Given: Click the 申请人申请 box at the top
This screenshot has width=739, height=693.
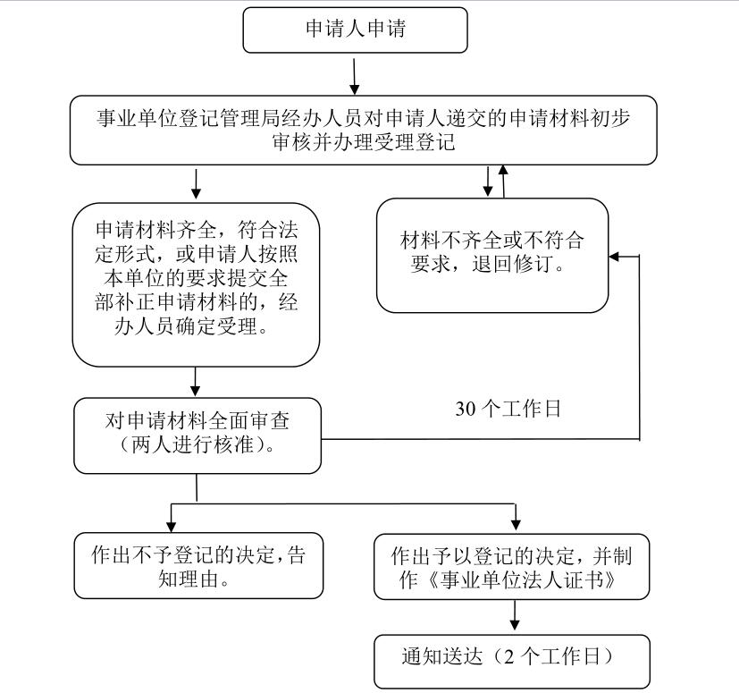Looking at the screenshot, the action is point(355,30).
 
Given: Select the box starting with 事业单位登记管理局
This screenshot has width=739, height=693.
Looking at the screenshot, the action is point(364,131).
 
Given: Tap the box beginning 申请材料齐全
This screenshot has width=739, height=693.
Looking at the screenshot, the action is point(196,285).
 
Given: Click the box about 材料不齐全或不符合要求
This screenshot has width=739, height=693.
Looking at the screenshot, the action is point(492,255).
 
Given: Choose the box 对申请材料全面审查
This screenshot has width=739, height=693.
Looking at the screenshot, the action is point(197,435).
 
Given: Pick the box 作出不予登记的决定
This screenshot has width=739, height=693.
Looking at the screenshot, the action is point(198,566).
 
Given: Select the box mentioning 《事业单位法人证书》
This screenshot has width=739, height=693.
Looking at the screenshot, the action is point(512,567).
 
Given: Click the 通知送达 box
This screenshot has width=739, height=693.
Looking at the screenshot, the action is point(512,662).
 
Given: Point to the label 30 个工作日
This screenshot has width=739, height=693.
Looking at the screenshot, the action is point(508,409).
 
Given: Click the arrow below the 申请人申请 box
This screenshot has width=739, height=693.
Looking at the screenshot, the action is point(355,76).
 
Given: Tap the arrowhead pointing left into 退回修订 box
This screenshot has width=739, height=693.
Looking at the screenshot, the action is point(614,257).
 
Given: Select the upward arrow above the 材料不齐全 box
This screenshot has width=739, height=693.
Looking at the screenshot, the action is point(503,182).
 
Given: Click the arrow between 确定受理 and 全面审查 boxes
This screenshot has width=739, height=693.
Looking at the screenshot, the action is point(195,382).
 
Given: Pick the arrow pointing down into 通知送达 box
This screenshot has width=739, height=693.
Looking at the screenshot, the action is point(515,614).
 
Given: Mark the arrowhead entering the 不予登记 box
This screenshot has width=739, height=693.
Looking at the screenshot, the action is point(172,527).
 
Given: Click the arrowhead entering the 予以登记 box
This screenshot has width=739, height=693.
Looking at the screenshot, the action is point(516,525).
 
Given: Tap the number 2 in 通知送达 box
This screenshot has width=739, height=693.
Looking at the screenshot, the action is point(509,656).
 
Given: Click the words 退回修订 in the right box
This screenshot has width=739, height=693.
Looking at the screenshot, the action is point(513,264).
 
